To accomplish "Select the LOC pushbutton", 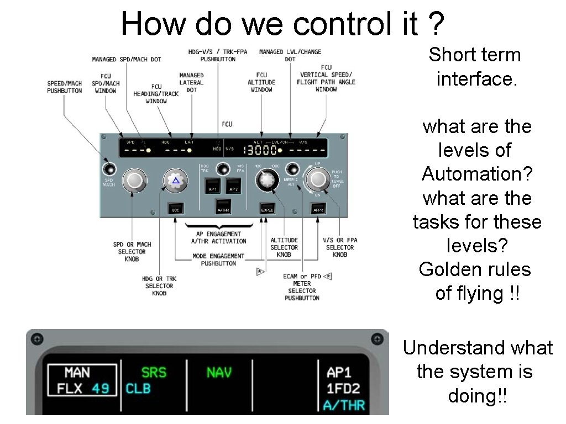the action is click(x=175, y=209).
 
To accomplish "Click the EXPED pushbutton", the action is click(x=268, y=209).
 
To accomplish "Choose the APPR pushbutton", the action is click(x=318, y=209).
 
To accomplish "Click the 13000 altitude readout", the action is click(x=260, y=150).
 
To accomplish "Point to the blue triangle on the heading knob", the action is click(x=175, y=181).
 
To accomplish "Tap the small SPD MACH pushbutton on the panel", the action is click(x=109, y=168).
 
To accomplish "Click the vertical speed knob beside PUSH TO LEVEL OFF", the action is click(x=317, y=178).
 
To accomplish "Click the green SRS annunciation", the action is click(x=154, y=373).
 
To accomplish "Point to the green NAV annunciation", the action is click(x=219, y=373).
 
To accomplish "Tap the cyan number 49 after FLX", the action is click(x=100, y=389).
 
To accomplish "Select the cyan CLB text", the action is click(x=138, y=389).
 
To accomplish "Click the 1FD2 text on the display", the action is click(x=343, y=389).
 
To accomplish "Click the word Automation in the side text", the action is click(x=476, y=174).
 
